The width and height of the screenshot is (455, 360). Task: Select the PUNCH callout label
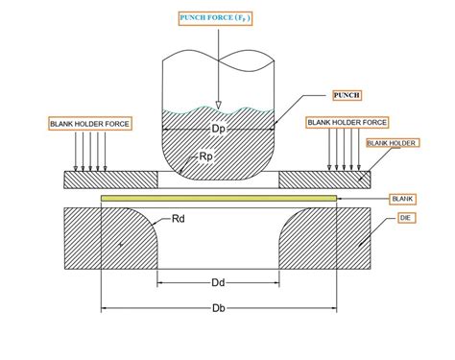tap(346, 95)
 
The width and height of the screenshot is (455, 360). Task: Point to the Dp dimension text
tap(220, 129)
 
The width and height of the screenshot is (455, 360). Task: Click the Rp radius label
tap(205, 155)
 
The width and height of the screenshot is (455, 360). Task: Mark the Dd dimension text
tap(220, 282)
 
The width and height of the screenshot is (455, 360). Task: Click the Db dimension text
tap(220, 308)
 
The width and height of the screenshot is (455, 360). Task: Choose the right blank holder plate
tap(326, 180)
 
